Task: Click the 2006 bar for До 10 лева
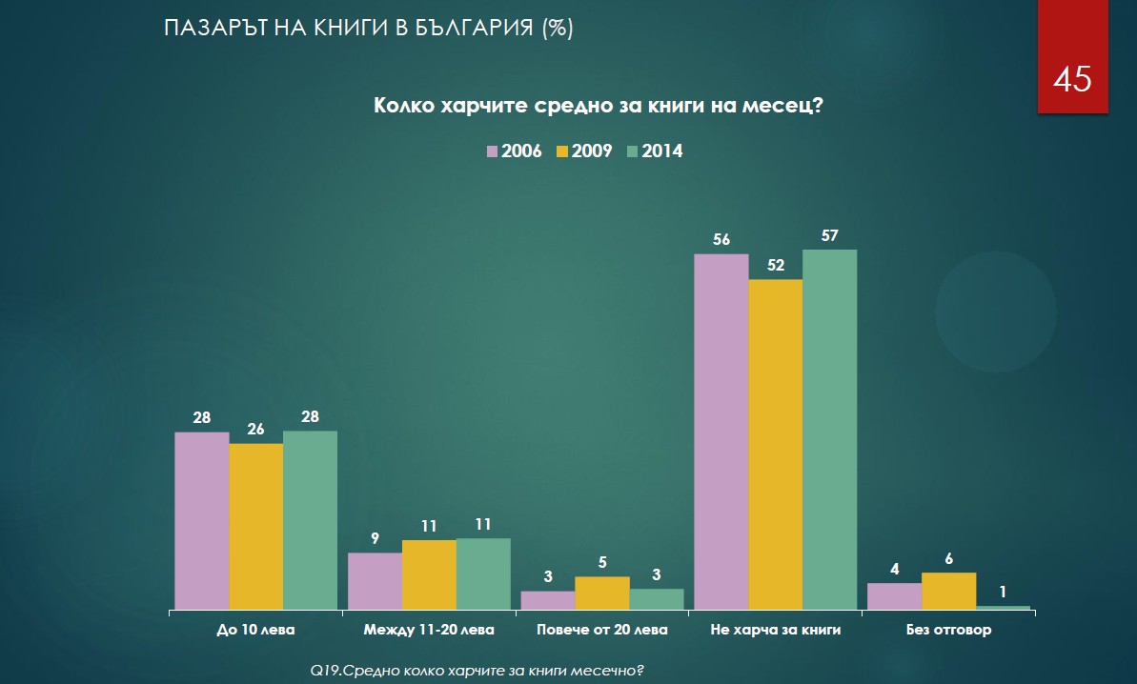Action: [202, 520]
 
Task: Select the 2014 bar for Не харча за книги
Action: [830, 429]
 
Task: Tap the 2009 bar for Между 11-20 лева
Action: [429, 574]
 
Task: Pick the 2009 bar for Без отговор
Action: [949, 591]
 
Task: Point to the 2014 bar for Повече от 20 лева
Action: [657, 599]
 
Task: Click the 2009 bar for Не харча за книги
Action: [776, 444]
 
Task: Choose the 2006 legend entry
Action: [514, 151]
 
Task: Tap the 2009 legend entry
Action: [584, 151]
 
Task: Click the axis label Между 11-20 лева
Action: [430, 630]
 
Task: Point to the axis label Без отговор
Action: [949, 630]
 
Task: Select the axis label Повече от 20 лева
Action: [602, 630]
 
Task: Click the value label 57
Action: [829, 236]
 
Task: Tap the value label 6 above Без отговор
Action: [949, 559]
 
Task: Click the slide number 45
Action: [1072, 80]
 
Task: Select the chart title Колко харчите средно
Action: [598, 106]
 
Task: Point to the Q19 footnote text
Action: [478, 671]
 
